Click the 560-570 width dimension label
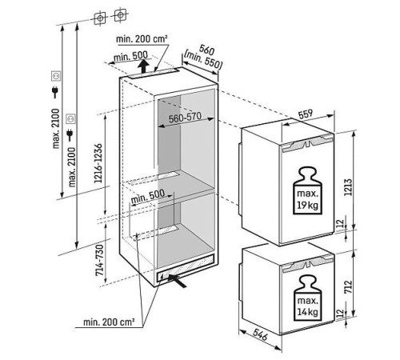click(x=185, y=118)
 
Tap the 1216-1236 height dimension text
click(x=98, y=163)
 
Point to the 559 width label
click(x=306, y=114)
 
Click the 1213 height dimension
click(x=348, y=187)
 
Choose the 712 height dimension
click(x=348, y=287)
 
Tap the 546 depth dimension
click(x=260, y=334)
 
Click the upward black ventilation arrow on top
click(x=143, y=66)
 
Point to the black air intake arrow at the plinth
click(x=177, y=281)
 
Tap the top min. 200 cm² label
click(x=142, y=39)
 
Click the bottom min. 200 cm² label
click(x=109, y=322)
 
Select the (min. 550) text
click(x=203, y=60)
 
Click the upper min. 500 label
click(x=130, y=56)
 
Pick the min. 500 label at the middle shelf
click(x=148, y=196)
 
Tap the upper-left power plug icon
click(x=55, y=92)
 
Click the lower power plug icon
click(x=70, y=135)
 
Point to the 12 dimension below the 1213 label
click(x=340, y=223)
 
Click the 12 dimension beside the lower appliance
click(x=340, y=313)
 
